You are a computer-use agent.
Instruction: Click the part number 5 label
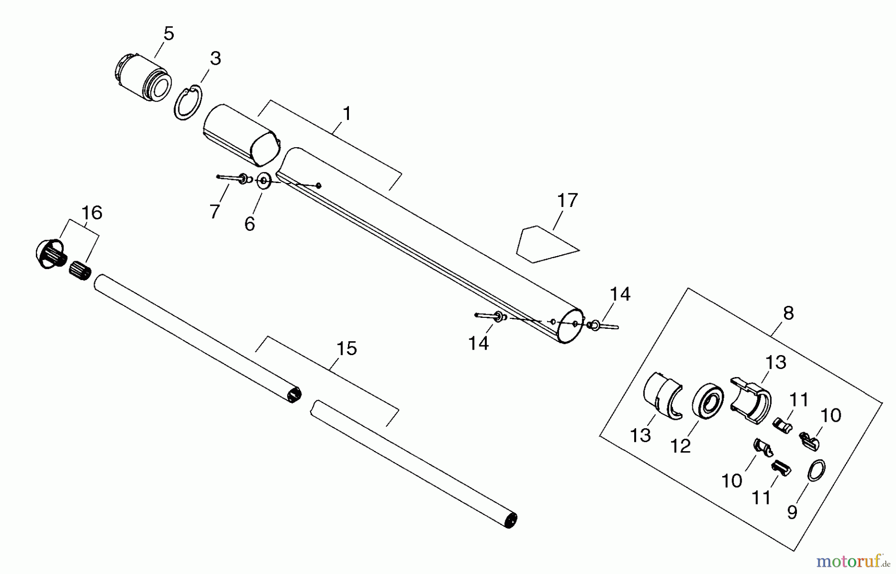click(x=169, y=34)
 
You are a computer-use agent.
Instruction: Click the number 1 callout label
click(x=347, y=114)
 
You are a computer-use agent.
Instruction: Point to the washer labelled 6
click(x=263, y=180)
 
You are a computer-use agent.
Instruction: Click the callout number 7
click(x=215, y=212)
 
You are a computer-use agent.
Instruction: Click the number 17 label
click(x=567, y=200)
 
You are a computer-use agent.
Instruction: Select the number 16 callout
click(x=92, y=213)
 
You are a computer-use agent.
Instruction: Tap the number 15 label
click(x=346, y=349)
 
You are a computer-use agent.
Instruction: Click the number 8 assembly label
click(x=788, y=313)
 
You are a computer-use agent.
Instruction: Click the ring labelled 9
click(x=816, y=470)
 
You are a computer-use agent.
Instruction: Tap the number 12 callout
click(x=680, y=446)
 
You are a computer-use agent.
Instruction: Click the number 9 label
click(x=792, y=512)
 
